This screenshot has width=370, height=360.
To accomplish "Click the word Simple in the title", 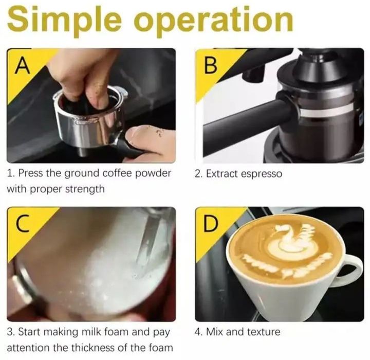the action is pyautogui.click(x=64, y=20).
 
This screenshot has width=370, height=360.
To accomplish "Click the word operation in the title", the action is pyautogui.click(x=214, y=20).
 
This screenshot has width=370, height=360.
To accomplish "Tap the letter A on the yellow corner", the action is pyautogui.click(x=23, y=66).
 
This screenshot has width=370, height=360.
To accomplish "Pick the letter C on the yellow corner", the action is pyautogui.click(x=23, y=224).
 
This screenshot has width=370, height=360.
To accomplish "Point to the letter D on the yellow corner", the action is pyautogui.click(x=210, y=223).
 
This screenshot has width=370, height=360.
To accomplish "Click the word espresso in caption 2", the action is pyautogui.click(x=262, y=174).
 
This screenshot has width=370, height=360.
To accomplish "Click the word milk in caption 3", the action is pyautogui.click(x=91, y=332).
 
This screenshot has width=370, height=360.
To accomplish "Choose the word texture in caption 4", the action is pyautogui.click(x=264, y=332).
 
